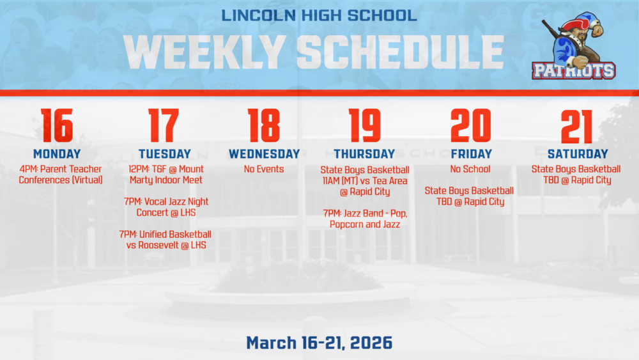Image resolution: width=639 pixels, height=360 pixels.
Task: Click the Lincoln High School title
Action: point(319,14)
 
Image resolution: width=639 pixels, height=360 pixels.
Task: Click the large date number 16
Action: point(56,126)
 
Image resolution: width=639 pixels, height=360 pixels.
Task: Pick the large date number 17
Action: point(164,126)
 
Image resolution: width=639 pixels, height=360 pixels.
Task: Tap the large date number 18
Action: point(264,126)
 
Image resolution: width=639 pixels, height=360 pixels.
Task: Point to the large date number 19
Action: point(364,126)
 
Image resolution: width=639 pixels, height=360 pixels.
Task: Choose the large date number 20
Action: point(470,126)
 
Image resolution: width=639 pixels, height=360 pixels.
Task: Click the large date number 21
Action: point(577,126)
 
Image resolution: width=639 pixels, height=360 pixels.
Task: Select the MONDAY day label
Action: point(57,154)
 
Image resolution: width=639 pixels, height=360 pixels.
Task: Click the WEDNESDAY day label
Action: point(264,154)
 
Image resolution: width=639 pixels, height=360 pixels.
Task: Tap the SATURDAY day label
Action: point(577,154)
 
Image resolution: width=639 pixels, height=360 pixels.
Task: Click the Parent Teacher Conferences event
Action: point(61,175)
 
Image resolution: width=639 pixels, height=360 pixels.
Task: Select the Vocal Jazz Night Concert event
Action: point(165,207)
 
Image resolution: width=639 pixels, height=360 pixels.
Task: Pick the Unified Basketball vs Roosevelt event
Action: point(165,240)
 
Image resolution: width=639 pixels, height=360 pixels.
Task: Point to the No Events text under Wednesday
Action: point(264,169)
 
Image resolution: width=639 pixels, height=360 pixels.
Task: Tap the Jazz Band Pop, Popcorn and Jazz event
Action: point(364,219)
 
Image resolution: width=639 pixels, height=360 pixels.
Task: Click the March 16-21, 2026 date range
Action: point(319,343)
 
